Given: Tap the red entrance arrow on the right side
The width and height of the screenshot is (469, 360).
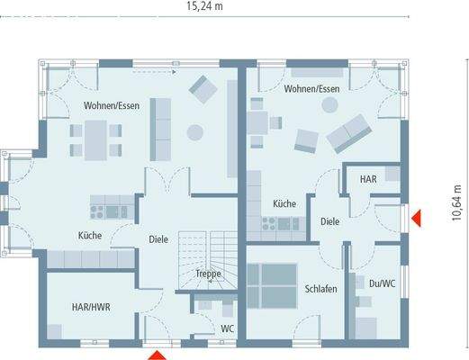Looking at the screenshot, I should click(417, 218).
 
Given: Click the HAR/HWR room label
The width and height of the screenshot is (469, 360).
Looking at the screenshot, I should click(91, 307).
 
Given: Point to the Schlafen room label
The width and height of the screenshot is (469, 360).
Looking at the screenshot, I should click(320, 289).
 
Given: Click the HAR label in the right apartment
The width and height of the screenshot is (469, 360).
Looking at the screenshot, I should click(368, 179).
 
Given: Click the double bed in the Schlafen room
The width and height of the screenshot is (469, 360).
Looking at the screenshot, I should click(273, 285).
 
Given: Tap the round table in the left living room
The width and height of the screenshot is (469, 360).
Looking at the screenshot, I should click(194, 132).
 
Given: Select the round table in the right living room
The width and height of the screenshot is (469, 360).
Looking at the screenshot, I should click(329, 105).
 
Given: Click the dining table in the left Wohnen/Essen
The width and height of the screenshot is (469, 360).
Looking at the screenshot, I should click(95, 138).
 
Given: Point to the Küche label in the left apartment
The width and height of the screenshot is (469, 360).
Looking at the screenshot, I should click(89, 236).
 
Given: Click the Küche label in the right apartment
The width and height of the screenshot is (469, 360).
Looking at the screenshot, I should click(284, 204).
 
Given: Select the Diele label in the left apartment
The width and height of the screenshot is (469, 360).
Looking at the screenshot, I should click(159, 239).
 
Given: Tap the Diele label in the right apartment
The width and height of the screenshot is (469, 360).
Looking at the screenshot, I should click(329, 220).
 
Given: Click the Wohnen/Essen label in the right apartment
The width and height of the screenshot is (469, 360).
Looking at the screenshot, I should click(311, 89).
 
